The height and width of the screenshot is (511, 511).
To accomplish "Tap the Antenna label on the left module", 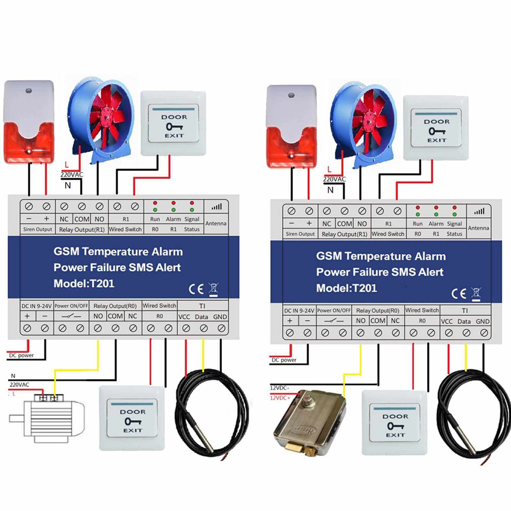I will (216, 223).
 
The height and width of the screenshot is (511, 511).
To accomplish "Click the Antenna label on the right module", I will (478, 228).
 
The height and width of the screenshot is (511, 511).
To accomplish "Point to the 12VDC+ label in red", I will (280, 398).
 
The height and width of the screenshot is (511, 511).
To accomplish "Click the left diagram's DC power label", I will (21, 355).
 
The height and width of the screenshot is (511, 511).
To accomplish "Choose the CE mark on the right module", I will (459, 294).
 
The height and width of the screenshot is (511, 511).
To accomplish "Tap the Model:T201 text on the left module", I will (84, 284).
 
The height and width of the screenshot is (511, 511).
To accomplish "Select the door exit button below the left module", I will (132, 418).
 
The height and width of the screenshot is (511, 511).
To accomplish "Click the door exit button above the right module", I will (436, 128).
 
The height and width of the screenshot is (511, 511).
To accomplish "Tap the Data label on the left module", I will (201, 317).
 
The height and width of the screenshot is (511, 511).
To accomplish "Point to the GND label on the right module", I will (483, 322).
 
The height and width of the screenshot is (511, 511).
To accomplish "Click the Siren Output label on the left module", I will (37, 229).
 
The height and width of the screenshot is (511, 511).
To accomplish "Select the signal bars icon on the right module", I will (479, 211).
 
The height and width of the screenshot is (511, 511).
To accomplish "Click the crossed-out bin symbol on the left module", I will (213, 289).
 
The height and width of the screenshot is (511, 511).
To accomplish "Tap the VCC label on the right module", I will (447, 322).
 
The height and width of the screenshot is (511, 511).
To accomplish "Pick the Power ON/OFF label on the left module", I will (71, 306).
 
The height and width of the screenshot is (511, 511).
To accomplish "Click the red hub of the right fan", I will (370, 120).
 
